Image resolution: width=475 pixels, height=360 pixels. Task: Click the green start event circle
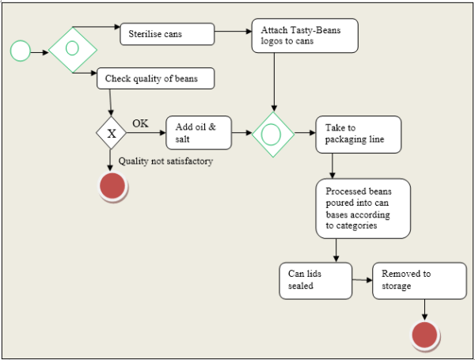pyautogui.click(x=20, y=51)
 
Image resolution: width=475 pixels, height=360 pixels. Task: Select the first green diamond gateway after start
pyautogui.click(x=72, y=49)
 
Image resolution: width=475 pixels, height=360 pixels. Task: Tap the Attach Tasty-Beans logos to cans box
pyautogui.click(x=305, y=36)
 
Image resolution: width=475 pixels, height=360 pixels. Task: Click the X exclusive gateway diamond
pyautogui.click(x=111, y=133)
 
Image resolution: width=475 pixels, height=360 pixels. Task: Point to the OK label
pyautogui.click(x=140, y=123)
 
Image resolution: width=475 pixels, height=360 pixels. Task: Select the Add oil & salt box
pyautogui.click(x=198, y=133)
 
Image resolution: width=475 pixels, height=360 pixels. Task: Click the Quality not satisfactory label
pyautogui.click(x=165, y=161)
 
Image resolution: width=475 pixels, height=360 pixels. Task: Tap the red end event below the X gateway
pyautogui.click(x=112, y=186)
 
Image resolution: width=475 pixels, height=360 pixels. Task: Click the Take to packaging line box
pyautogui.click(x=358, y=134)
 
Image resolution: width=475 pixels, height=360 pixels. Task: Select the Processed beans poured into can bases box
pyautogui.click(x=363, y=208)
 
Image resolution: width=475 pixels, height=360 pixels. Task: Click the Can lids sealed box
pyautogui.click(x=315, y=279)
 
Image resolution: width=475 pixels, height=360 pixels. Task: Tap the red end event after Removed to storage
pyautogui.click(x=426, y=335)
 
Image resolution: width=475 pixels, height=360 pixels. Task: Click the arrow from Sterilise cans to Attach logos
pyautogui.click(x=234, y=33)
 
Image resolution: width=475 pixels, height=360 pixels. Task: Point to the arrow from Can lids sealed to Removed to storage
pyautogui.click(x=362, y=279)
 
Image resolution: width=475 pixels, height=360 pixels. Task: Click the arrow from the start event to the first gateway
pyautogui.click(x=40, y=52)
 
